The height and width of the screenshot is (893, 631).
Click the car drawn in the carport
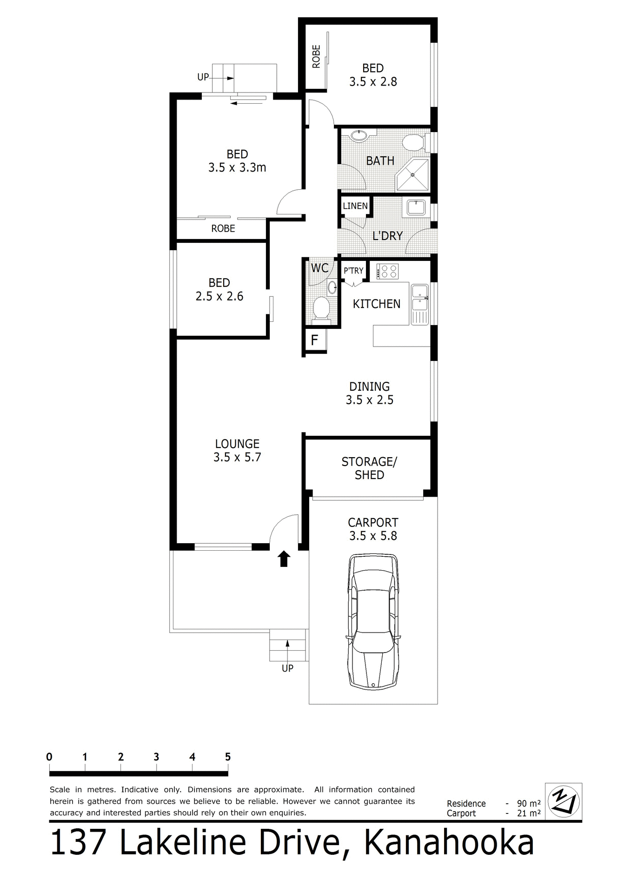[373, 620]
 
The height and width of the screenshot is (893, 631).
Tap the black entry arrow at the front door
[284, 559]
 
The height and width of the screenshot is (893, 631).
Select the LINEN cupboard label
[355, 206]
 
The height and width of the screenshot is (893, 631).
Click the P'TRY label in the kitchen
[353, 270]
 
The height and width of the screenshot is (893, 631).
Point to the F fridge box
[315, 340]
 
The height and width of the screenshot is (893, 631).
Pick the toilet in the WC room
[320, 309]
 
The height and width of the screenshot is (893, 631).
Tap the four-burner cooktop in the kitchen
[388, 271]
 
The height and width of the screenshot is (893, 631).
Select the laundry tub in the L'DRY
[416, 207]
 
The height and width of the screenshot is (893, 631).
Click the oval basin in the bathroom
[358, 136]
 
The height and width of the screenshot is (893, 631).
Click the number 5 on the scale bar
[228, 757]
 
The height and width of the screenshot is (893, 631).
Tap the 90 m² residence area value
[529, 803]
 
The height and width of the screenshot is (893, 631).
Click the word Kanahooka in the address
[449, 843]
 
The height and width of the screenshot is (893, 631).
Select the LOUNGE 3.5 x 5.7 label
[237, 450]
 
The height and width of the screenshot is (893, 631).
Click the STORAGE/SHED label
[369, 468]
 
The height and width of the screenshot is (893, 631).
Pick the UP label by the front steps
[287, 668]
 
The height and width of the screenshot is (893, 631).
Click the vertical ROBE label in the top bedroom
[316, 56]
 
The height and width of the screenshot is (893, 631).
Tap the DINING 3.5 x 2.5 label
[369, 393]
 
